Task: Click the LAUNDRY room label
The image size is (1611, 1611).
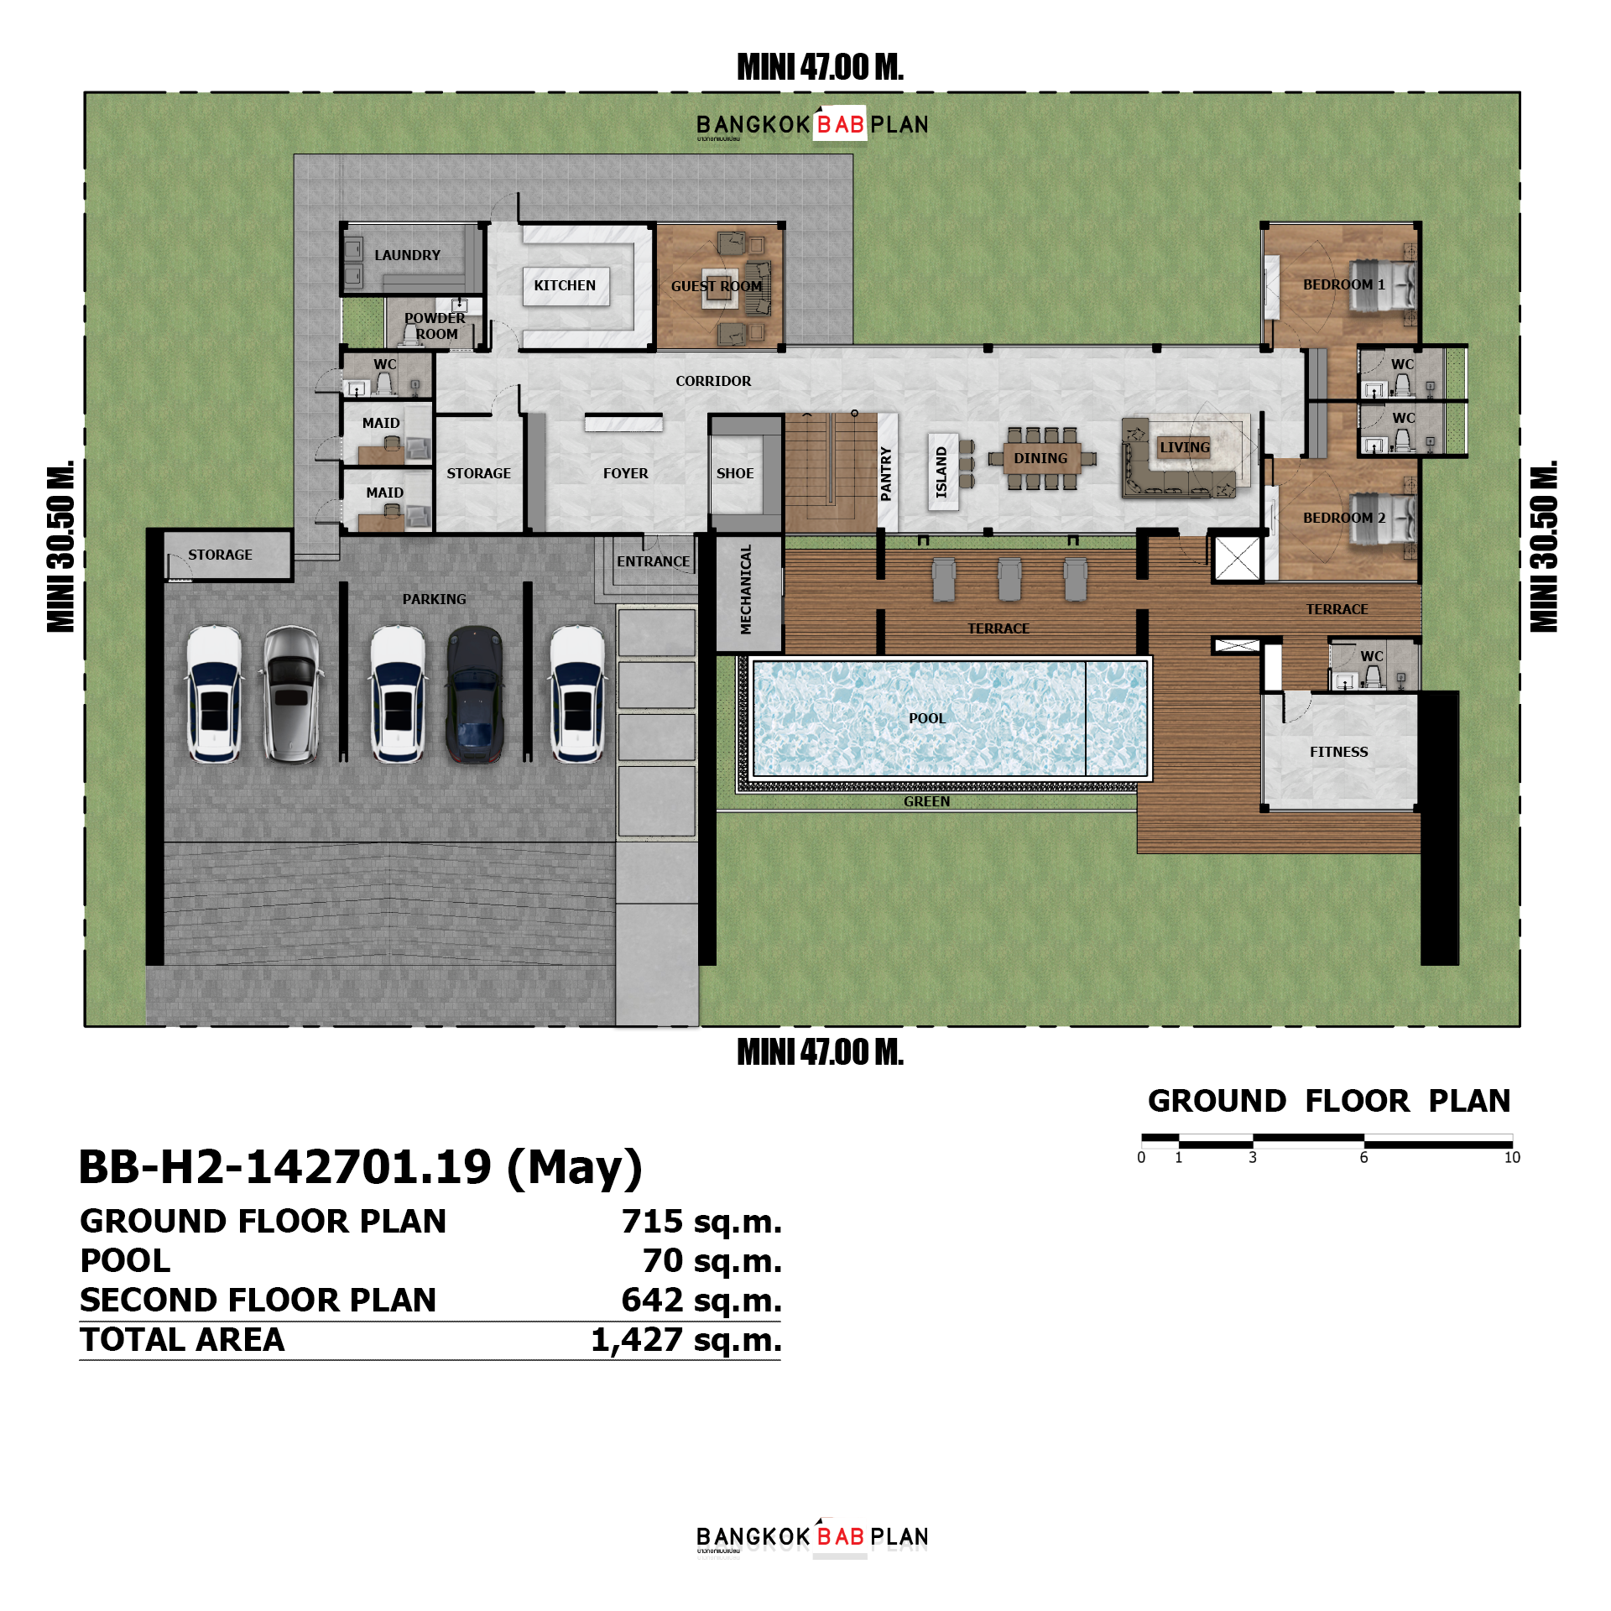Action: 407,255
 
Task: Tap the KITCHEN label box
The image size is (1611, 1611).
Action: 565,285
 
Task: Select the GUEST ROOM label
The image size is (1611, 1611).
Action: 717,286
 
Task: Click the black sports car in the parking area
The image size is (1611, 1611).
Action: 475,694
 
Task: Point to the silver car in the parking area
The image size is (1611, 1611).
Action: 291,694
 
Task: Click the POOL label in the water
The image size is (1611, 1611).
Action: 926,718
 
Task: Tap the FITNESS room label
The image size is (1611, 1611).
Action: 1338,752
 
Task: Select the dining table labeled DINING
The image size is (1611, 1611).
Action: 1040,458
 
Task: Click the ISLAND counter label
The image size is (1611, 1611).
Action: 941,472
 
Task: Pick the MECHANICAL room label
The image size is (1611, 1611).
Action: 746,589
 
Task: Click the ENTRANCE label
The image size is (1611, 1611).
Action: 653,561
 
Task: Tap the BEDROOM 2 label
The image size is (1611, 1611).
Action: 1343,518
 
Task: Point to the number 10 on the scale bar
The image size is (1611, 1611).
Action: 1511,1158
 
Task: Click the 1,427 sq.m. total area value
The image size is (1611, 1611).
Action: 686,1340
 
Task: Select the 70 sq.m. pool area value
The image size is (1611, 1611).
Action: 712,1260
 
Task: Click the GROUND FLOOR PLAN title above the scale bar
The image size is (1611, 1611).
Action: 1328,1101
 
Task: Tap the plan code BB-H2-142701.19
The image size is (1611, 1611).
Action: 285,1167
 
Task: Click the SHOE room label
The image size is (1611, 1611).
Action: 735,473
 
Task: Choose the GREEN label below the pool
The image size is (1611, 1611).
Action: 926,801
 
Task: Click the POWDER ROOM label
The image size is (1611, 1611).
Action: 435,326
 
